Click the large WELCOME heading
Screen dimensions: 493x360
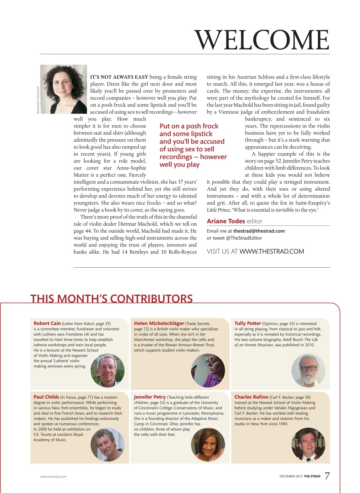[262, 39]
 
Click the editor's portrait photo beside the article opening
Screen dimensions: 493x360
[64, 89]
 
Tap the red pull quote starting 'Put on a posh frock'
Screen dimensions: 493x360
[193, 145]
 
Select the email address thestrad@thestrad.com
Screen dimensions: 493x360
[259, 231]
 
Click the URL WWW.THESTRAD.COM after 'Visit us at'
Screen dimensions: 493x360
[272, 252]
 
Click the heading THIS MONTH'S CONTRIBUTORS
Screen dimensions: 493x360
[111, 299]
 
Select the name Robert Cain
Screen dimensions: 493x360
[47, 324]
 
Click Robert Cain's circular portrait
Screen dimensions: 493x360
[108, 370]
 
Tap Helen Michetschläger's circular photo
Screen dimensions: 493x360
[208, 370]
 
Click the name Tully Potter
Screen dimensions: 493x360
[247, 324]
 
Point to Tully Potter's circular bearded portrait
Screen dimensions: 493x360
[308, 370]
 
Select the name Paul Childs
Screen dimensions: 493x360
[46, 397]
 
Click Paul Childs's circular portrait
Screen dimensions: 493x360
[108, 444]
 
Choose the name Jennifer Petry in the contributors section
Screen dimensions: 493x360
[150, 397]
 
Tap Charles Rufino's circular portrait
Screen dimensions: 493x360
[308, 444]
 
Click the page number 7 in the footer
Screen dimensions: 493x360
[327, 476]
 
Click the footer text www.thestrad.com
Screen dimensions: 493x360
[53, 476]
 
